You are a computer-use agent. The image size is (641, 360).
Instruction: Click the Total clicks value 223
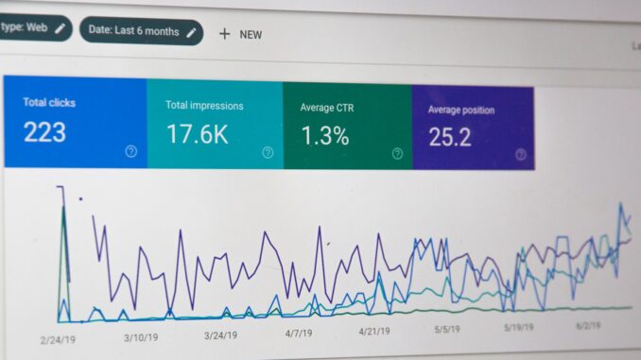pos(44,132)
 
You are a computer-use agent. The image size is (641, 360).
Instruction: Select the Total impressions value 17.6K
pos(197,134)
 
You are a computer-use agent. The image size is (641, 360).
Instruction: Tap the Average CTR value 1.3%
pos(325,135)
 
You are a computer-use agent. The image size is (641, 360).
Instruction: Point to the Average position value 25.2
pos(450,137)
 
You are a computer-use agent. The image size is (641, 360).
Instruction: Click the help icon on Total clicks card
pos(130,151)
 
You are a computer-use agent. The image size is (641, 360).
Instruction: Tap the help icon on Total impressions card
pos(268,152)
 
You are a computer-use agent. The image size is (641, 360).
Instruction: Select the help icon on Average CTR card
pos(397,153)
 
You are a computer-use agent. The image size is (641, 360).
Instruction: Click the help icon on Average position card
pos(520,154)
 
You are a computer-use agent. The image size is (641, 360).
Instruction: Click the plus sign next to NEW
pos(224,33)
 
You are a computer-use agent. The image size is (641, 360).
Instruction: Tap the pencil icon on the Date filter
pos(191,31)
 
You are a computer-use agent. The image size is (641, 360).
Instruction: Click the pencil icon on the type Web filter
pos(60,28)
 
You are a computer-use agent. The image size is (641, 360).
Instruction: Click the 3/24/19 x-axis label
pos(225,334)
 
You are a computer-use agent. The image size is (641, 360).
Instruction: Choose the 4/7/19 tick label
pos(304,333)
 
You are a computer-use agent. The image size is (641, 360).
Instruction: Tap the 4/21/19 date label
pos(380,332)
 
